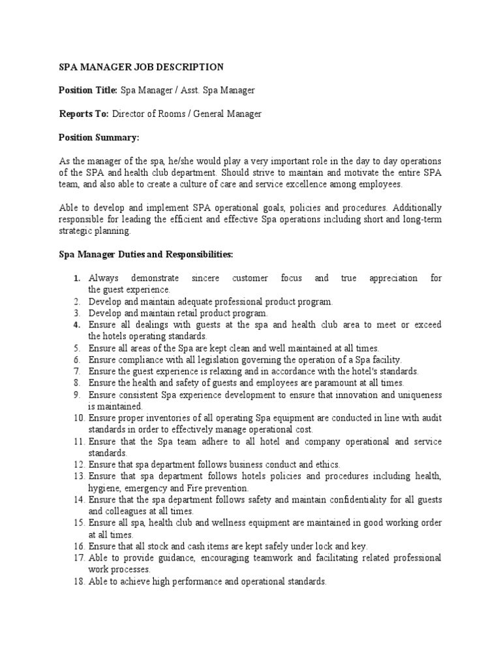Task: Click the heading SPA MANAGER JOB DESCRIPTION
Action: tap(141, 67)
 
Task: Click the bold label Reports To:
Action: tap(83, 114)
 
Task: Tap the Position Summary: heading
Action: tap(99, 137)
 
